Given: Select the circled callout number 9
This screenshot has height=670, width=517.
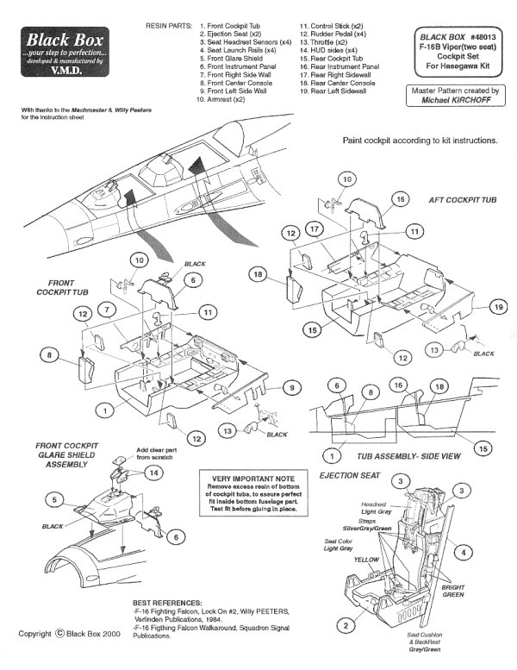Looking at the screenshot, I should click(x=292, y=390).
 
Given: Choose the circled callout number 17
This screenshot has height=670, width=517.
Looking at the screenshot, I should click(x=315, y=229).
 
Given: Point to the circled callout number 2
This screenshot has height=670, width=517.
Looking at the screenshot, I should click(x=345, y=625).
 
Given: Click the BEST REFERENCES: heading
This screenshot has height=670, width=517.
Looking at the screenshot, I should click(x=168, y=601).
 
